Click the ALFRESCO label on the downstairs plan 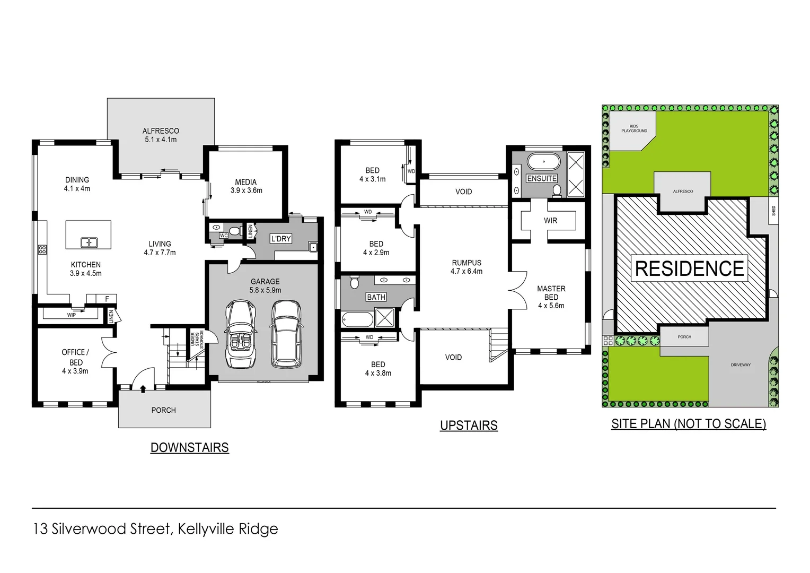(161, 131)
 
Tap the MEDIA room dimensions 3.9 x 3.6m (246, 190)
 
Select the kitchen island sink (89, 242)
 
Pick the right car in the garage (286, 334)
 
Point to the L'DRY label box (281, 239)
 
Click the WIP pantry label (71, 315)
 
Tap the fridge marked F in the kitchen (107, 299)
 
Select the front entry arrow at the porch (143, 389)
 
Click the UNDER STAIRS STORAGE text (197, 338)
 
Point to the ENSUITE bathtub (543, 161)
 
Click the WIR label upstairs (550, 221)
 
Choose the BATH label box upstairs (376, 297)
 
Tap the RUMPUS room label (466, 263)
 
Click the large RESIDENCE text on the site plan (689, 268)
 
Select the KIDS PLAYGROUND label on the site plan (634, 128)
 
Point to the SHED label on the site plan (773, 211)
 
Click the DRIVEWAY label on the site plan (740, 365)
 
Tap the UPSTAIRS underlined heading (469, 426)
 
